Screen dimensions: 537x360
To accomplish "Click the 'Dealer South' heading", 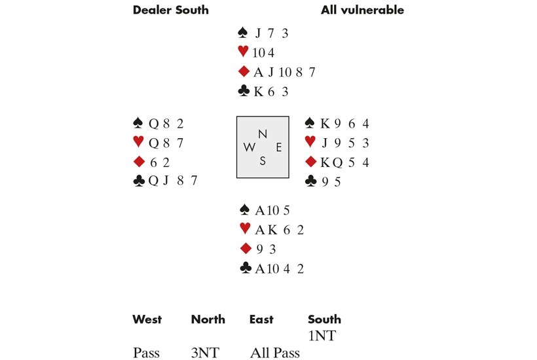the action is coord(170,10).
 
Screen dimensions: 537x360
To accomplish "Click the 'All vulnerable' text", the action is coord(362,10).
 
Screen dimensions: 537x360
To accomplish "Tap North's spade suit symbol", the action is coord(242,33).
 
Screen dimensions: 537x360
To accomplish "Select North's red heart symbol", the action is coord(243,52).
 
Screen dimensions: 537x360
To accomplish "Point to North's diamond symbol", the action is coord(244,71).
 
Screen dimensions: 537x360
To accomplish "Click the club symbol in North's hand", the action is coord(244,91).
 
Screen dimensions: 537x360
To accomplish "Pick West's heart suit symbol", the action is coord(138,141).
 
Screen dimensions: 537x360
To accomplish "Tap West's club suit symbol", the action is coord(139,181).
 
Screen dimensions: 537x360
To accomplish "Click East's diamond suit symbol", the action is coord(310,162).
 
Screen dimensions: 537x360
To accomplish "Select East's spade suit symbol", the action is coord(310,122).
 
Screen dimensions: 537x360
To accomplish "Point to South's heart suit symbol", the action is coord(245,228).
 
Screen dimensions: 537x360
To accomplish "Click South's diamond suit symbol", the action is coord(246,248).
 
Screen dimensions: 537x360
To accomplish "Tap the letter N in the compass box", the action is coord(263,134).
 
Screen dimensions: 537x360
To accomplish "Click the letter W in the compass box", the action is coord(249,147).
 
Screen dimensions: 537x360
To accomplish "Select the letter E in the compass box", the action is coord(279,147).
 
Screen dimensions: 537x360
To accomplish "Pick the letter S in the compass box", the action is coord(263,160).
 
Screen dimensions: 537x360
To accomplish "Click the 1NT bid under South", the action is coord(322,336).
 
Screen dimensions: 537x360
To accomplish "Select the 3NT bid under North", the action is coord(205,353).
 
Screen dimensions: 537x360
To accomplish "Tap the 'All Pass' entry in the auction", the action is coord(275,353).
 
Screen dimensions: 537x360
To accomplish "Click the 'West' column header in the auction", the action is coord(147,319).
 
